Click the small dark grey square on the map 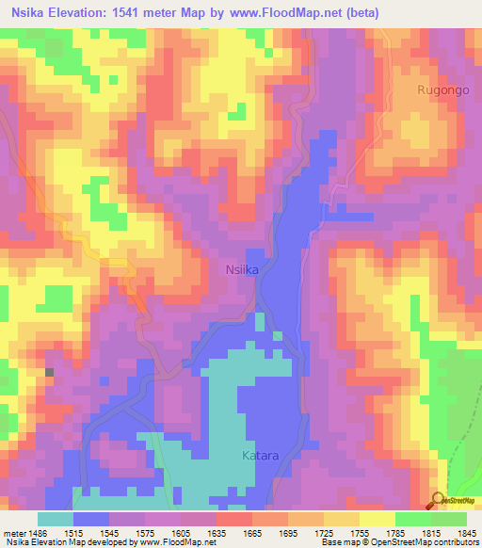50,374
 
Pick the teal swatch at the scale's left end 55,519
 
